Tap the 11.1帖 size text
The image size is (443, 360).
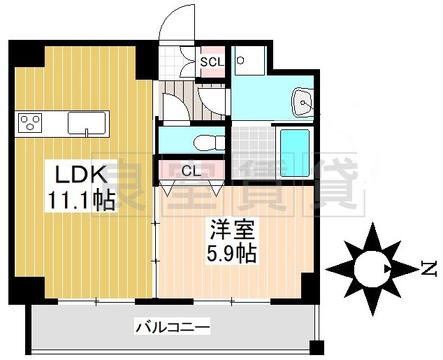81,201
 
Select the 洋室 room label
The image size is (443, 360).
226,229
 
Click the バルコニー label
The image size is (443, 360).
173,326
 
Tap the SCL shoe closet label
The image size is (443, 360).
212,62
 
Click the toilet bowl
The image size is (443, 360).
207,140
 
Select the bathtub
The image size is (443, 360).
294,151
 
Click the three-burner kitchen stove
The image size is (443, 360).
29,123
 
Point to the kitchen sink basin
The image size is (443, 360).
87,122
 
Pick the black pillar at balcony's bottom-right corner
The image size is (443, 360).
317,348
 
